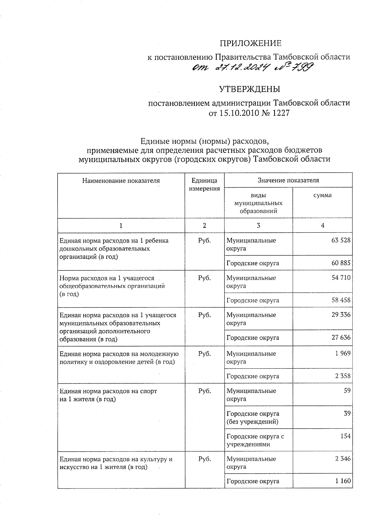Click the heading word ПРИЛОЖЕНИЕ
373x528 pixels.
(x=250, y=44)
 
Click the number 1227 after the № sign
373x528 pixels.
(x=281, y=113)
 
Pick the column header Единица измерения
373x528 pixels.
(x=204, y=185)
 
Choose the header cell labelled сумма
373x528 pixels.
(x=322, y=195)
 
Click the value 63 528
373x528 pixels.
(x=341, y=240)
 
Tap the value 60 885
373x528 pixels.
(x=341, y=263)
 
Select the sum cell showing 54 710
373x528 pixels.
(x=341, y=278)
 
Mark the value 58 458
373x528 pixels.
(x=341, y=300)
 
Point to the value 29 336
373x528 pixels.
(x=341, y=315)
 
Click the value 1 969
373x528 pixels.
(x=343, y=353)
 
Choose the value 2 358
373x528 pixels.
(x=343, y=376)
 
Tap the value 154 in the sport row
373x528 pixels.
(x=345, y=436)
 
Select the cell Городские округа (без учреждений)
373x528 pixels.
(x=253, y=418)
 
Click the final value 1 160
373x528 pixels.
(x=343, y=481)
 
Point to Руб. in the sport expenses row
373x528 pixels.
(x=204, y=391)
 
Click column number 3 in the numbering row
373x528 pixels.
(x=258, y=226)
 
